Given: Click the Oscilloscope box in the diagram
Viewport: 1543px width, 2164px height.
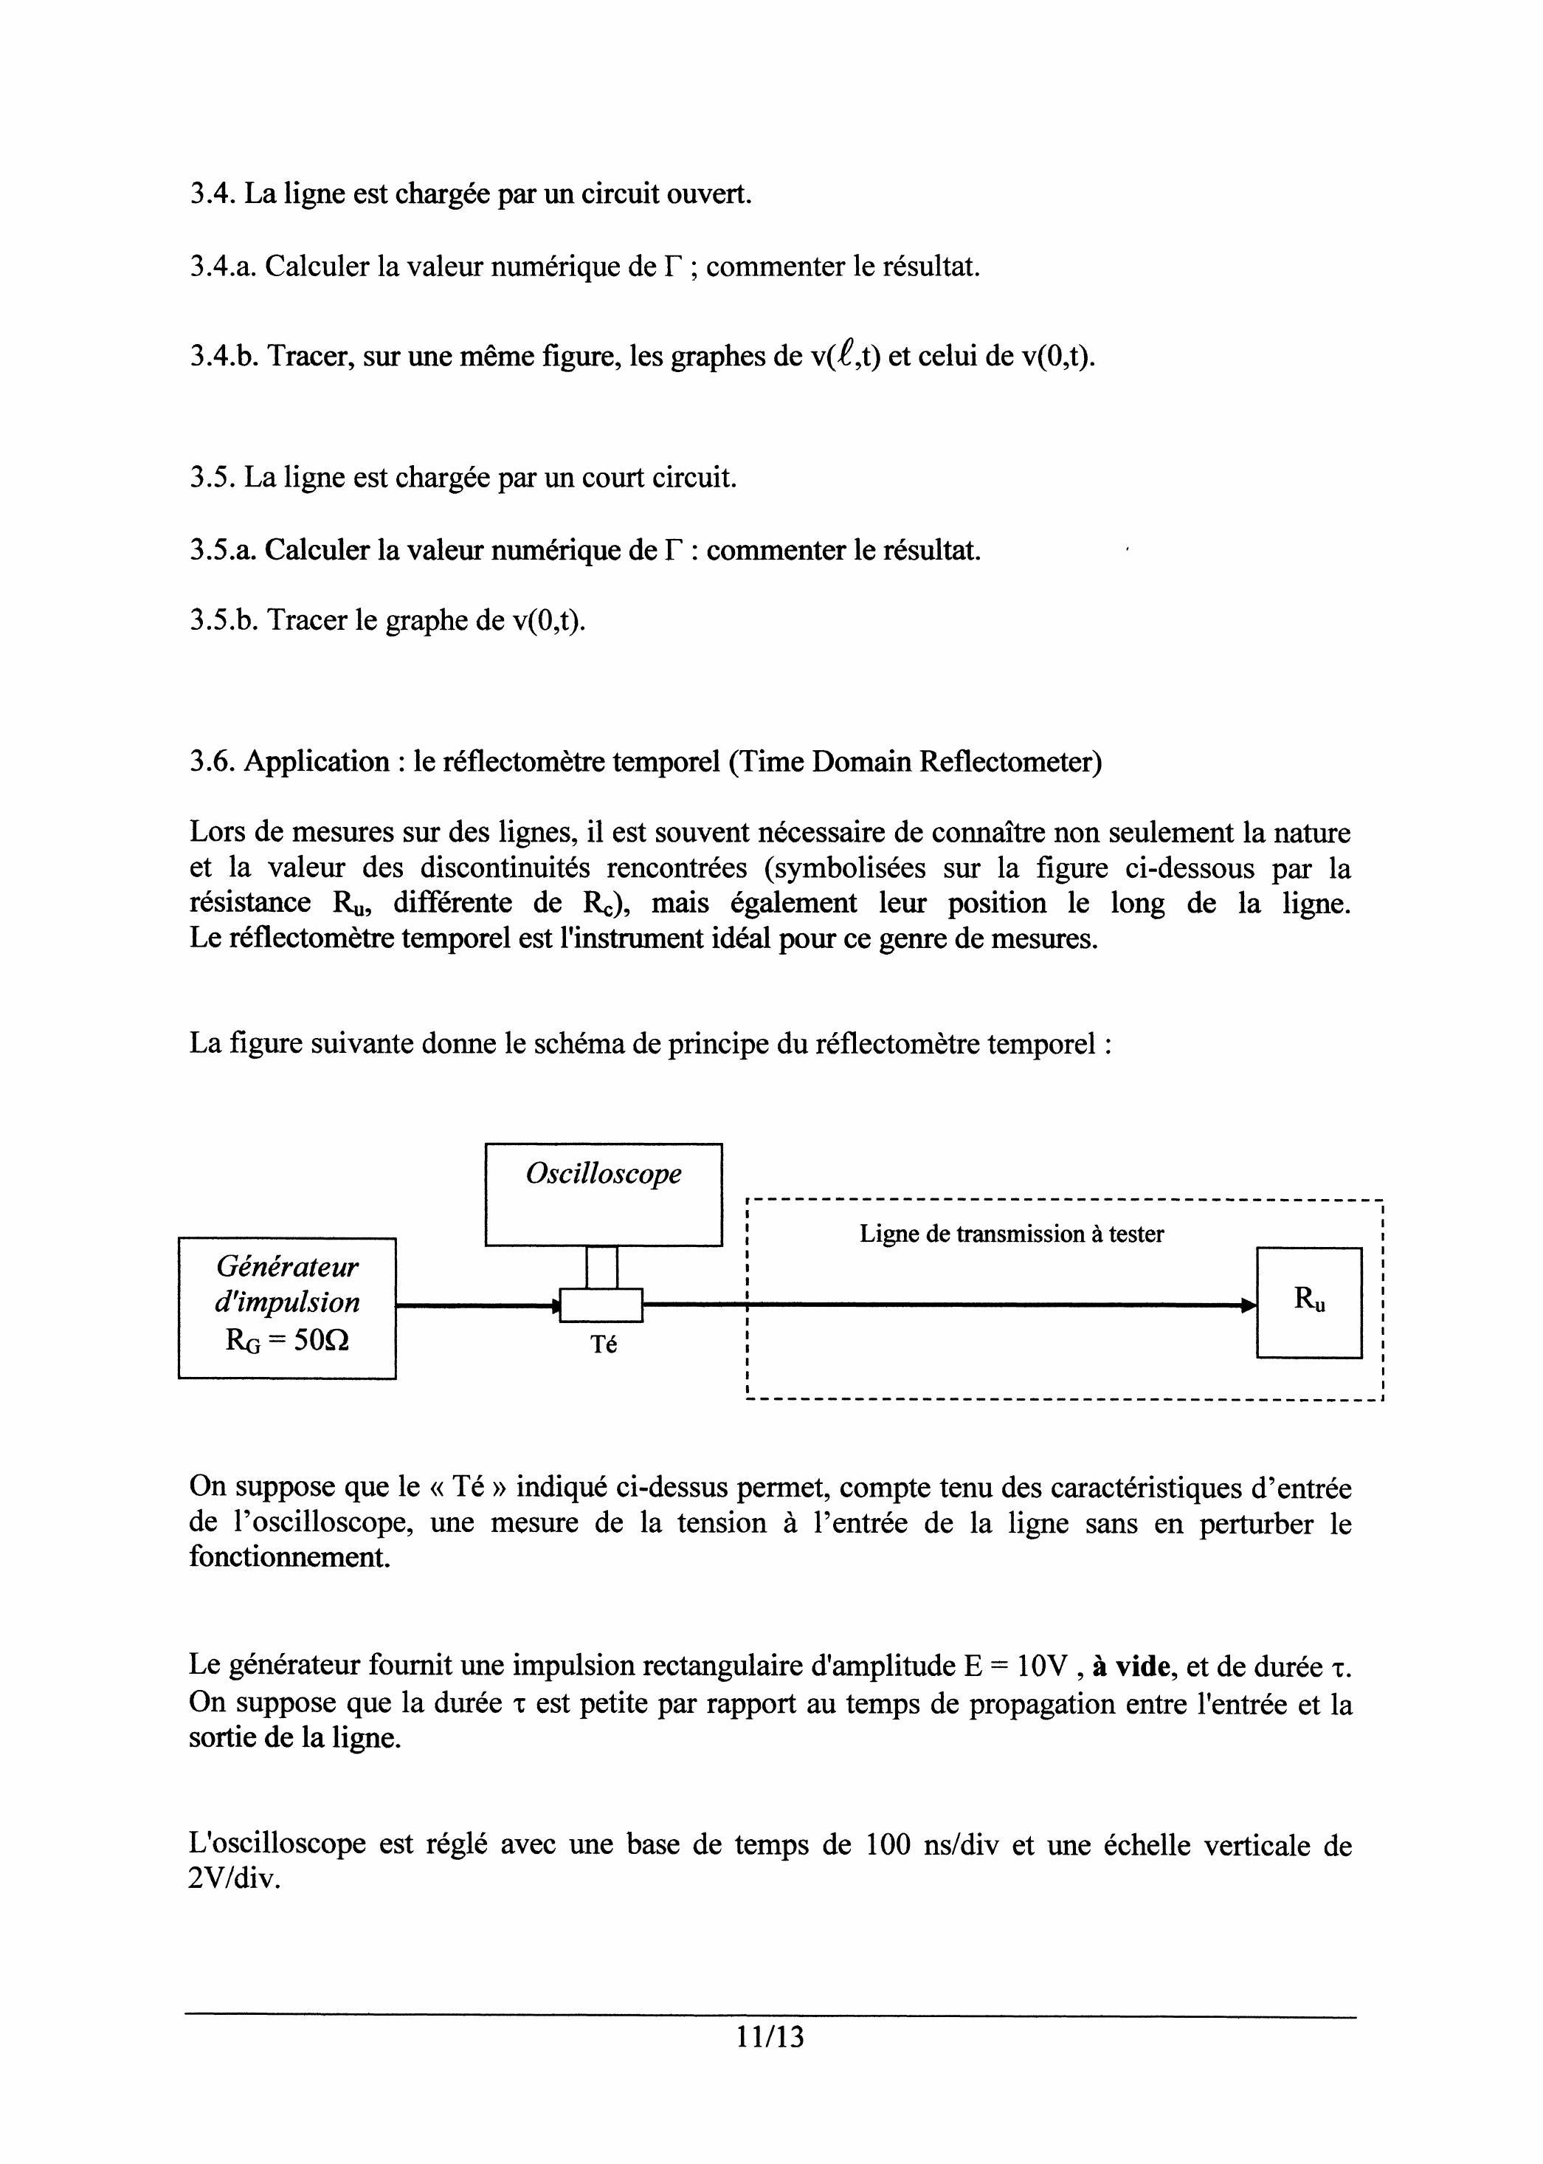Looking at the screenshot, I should (x=604, y=1194).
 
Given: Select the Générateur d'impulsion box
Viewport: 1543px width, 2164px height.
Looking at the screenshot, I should (x=287, y=1307).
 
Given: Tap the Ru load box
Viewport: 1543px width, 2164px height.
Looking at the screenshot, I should (x=1308, y=1302).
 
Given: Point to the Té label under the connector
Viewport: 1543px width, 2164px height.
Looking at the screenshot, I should (x=604, y=1344).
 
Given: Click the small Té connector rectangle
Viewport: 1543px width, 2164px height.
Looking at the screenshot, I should (x=601, y=1304).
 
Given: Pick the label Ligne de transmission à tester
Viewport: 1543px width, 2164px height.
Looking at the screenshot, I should (x=1011, y=1234).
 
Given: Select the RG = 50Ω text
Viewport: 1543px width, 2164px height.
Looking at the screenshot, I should (x=287, y=1340).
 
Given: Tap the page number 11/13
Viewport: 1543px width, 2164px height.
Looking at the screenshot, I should (x=770, y=2037).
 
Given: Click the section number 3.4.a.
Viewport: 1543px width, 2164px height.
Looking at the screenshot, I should (x=222, y=267).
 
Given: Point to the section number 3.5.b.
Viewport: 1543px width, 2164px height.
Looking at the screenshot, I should (x=224, y=621).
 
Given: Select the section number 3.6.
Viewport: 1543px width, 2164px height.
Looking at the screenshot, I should (x=212, y=761).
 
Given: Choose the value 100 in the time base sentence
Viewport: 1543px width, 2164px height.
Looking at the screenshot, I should (x=890, y=1844).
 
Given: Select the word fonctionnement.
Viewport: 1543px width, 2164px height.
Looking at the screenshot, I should (x=289, y=1558).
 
